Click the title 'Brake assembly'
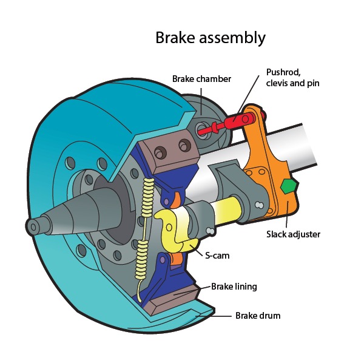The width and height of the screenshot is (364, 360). (210, 38)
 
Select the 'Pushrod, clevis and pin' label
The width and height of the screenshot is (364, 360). (292, 78)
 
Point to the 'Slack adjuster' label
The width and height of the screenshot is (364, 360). (293, 234)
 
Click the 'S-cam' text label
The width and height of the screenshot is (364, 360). (215, 256)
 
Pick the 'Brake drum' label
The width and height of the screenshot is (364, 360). (257, 316)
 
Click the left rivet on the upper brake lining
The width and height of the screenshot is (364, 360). (164, 150)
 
